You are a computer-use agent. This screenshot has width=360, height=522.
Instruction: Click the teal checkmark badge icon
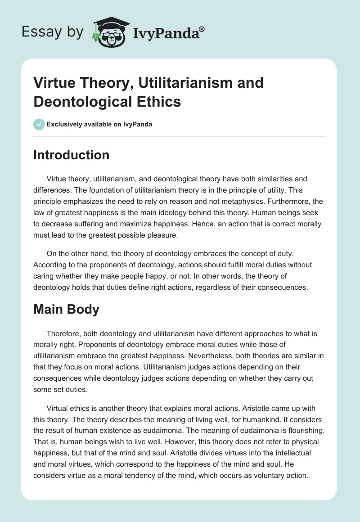click(39, 124)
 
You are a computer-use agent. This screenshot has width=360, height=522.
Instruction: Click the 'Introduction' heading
click(72, 155)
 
